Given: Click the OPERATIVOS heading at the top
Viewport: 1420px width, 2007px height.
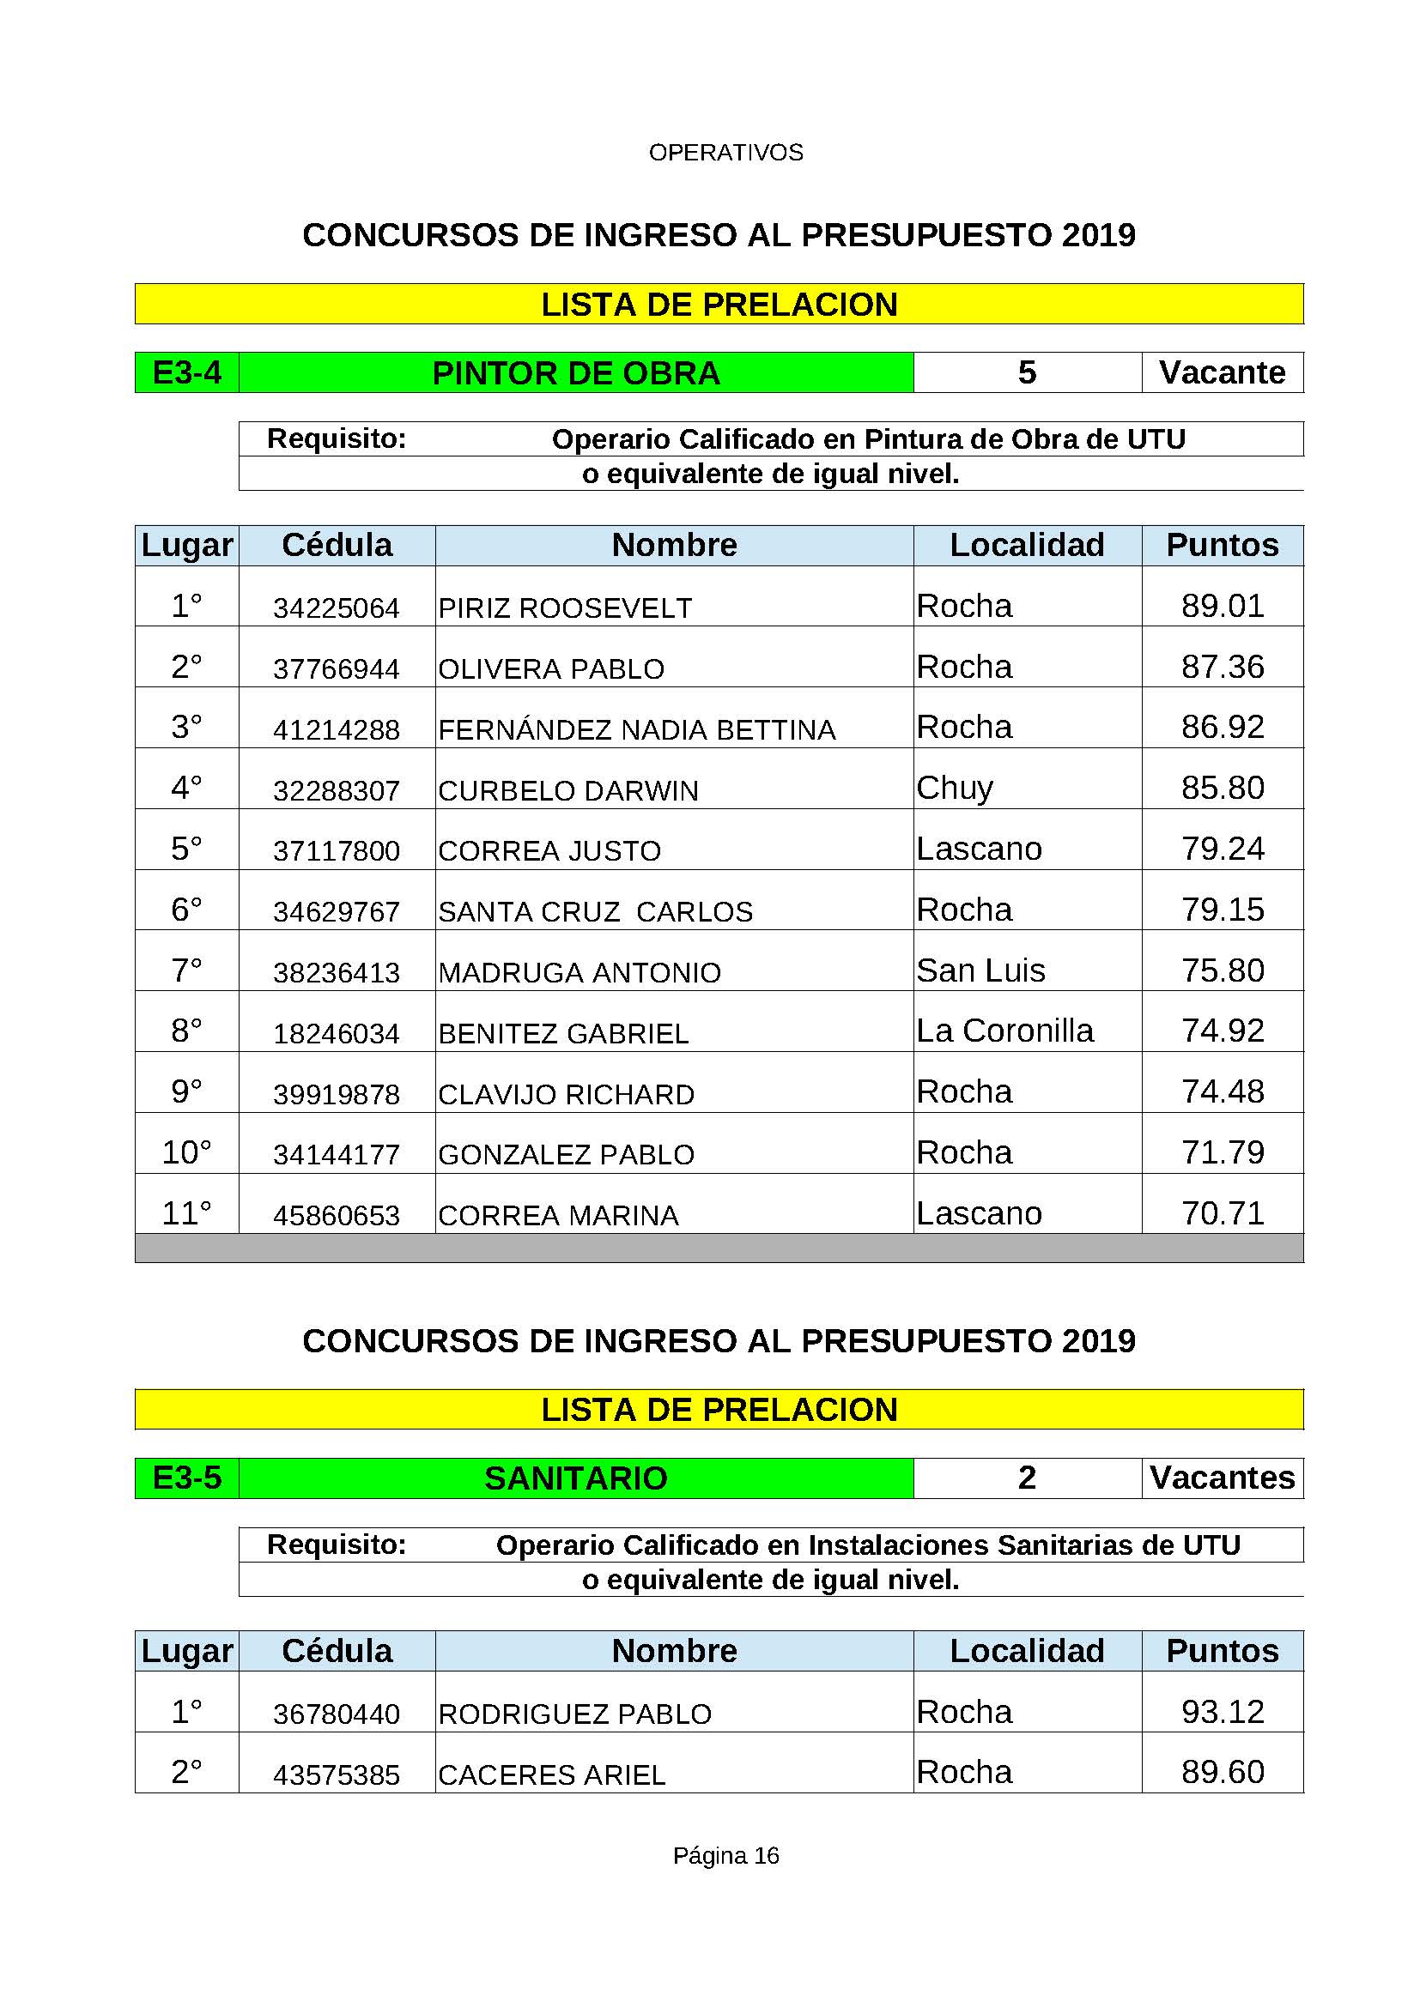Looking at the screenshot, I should tap(725, 152).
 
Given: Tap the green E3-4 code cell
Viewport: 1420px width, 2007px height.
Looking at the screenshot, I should tap(186, 373).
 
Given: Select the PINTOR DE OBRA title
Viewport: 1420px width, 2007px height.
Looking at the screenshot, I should tap(576, 373).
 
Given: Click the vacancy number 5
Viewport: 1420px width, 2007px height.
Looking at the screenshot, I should tap(1027, 372).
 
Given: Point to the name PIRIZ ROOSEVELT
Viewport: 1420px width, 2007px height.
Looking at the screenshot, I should tap(565, 608).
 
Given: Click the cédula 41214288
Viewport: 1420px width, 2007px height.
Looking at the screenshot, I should tap(336, 729).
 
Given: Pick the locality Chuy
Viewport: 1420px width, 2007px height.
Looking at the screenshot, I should tap(955, 788).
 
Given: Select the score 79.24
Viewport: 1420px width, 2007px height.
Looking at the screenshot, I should tap(1223, 848).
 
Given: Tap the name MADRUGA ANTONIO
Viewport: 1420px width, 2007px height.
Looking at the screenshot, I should tap(580, 972).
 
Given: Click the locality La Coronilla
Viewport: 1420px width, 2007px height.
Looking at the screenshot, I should tap(1004, 1031).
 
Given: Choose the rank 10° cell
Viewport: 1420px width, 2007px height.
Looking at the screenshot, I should tap(186, 1152).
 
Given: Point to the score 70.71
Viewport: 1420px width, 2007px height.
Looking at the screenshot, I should tap(1223, 1213).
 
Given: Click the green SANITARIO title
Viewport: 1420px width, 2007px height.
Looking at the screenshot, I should tap(576, 1478).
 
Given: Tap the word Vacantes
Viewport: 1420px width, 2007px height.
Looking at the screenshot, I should tap(1223, 1478).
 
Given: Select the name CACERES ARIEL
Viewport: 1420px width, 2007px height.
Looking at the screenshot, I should tap(552, 1774).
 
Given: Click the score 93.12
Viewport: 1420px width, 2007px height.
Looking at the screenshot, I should tap(1223, 1712).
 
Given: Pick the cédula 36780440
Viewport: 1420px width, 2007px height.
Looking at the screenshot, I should tap(336, 1714).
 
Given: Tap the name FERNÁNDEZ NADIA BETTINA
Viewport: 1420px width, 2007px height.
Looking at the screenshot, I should tap(636, 729).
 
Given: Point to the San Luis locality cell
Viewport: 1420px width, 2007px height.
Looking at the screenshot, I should tap(980, 970).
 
